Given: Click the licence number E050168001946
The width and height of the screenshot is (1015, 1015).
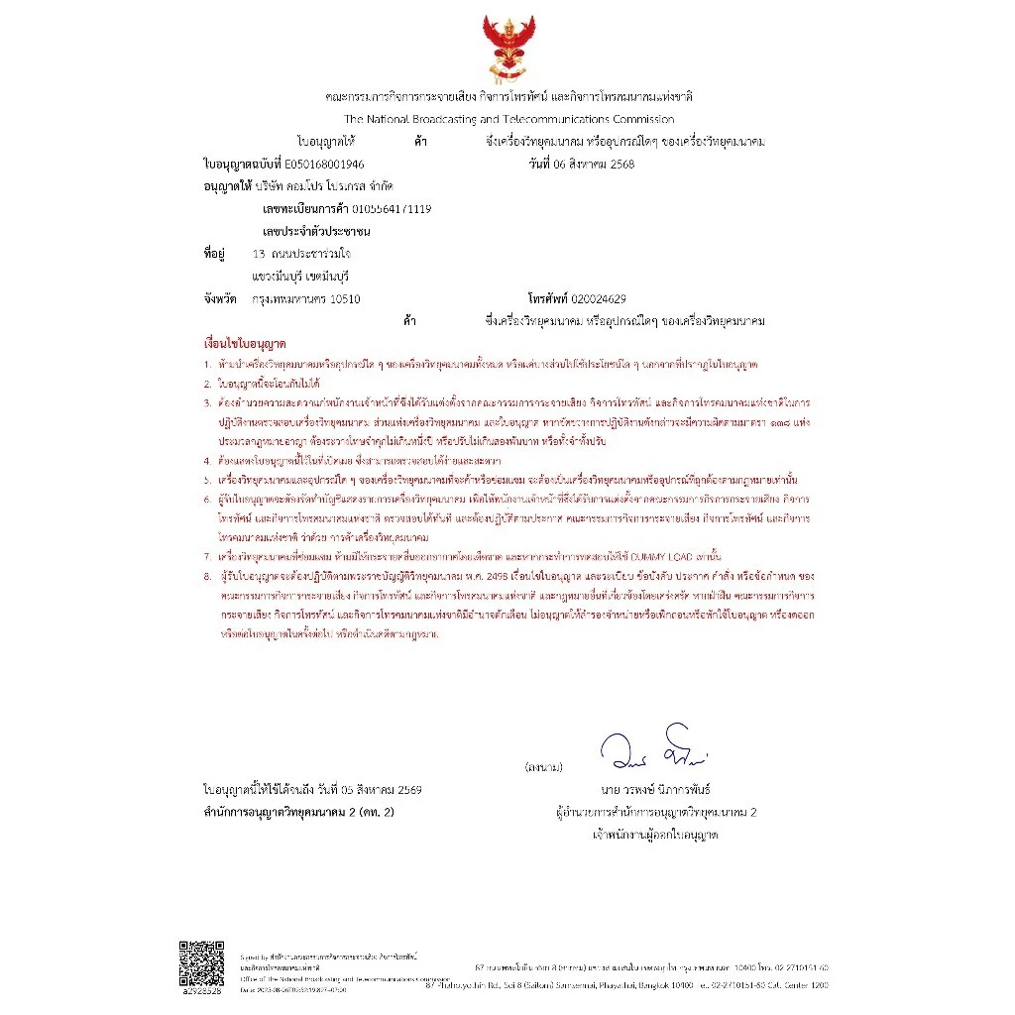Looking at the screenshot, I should [x=323, y=164].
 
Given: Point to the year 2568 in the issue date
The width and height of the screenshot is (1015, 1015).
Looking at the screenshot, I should [x=619, y=164].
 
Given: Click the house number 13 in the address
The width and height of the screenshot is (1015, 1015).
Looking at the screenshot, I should [x=260, y=254].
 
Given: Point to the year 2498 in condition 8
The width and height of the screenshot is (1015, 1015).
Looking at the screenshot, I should [x=525, y=573].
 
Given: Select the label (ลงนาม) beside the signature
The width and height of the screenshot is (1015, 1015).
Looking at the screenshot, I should [x=544, y=767].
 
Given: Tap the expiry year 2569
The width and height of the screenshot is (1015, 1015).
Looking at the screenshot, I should [x=409, y=790].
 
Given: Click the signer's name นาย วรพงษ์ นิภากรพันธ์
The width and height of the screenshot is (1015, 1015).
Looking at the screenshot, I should [x=655, y=790].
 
